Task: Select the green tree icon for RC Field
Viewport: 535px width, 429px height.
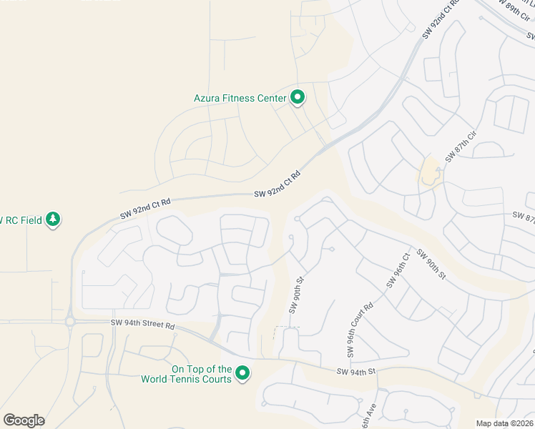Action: tap(53, 219)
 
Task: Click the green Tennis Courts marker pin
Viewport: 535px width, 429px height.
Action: tap(242, 373)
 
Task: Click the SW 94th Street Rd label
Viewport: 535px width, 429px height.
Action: tap(143, 324)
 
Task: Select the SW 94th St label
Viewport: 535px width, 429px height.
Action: tap(357, 372)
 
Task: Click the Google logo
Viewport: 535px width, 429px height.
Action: tap(24, 420)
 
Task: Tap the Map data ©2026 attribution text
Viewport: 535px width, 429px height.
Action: tap(504, 423)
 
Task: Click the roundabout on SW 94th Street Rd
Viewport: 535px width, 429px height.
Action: tap(70, 322)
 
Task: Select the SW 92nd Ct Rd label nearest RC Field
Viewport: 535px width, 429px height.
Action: tap(145, 208)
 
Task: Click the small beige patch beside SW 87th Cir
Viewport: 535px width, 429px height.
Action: tap(429, 172)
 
